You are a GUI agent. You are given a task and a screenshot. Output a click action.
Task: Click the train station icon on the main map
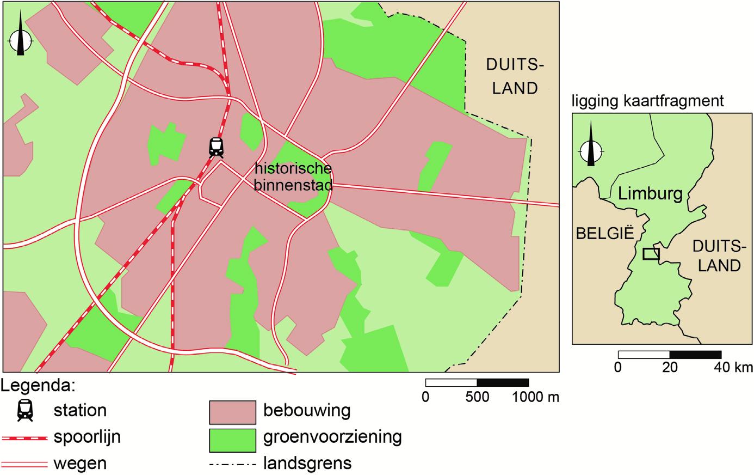click(216, 147)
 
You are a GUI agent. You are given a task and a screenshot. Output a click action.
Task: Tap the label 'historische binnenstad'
click(293, 176)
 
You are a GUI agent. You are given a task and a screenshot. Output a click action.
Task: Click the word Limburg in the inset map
click(650, 193)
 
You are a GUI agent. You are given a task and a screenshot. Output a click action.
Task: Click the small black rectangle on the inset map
click(651, 253)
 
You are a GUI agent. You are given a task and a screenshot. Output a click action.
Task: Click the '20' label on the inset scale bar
click(669, 368)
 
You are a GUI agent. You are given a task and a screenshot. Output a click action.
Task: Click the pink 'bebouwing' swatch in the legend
click(232, 412)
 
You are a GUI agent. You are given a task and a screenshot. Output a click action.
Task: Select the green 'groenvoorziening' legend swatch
click(232, 440)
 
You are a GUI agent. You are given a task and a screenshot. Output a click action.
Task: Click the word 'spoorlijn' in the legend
click(87, 437)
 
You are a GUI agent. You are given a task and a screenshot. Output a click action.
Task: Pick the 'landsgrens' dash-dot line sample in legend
click(232, 465)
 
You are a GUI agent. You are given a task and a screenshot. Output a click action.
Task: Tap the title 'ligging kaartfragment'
click(647, 101)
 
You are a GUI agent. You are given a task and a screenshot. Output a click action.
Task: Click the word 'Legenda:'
click(38, 385)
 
